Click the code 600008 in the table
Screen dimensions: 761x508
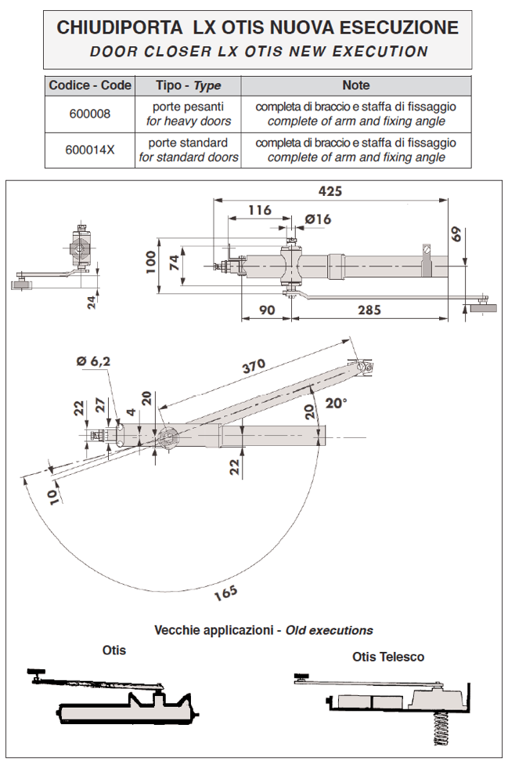pos(90,114)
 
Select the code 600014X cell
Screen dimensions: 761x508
pos(90,150)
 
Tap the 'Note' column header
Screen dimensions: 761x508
pos(356,85)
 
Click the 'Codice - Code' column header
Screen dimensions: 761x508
pos(90,85)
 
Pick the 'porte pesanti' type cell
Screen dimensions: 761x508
pos(189,107)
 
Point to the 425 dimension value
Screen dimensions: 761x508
pos(331,191)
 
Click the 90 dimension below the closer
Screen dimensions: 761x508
pos(266,310)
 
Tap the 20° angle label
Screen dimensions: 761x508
pos(336,404)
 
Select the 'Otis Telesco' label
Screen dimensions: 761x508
pos(388,657)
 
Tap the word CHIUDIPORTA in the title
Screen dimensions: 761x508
pos(121,29)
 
